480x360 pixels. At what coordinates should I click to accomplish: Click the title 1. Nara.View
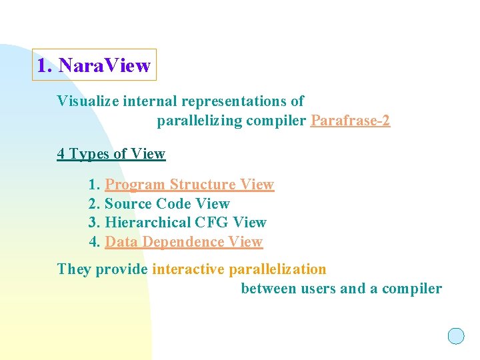tap(94, 65)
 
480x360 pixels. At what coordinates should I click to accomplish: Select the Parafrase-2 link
tap(350, 121)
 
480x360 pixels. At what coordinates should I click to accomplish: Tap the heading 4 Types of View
tap(111, 154)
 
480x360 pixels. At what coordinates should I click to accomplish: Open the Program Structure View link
tap(189, 185)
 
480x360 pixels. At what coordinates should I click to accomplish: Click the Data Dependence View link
tap(183, 242)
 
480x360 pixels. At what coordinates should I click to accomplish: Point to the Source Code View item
tap(167, 204)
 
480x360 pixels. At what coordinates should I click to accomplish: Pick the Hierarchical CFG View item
tap(185, 223)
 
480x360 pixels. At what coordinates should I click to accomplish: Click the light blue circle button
tap(456, 336)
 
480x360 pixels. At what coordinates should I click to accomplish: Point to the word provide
tap(122, 269)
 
